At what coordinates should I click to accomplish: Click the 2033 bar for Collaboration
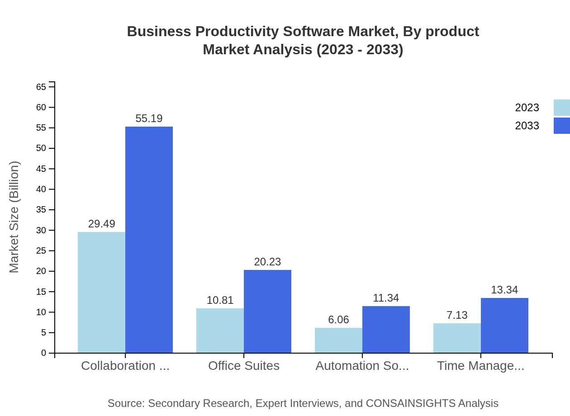click(x=149, y=240)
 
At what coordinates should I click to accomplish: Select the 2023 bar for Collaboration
click(x=101, y=292)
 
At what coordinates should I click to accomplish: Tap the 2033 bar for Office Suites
click(x=267, y=311)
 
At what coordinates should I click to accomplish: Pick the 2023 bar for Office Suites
click(x=220, y=331)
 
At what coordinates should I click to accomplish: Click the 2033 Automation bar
click(x=386, y=329)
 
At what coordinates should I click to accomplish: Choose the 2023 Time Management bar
click(x=457, y=338)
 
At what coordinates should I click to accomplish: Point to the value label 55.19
click(x=149, y=118)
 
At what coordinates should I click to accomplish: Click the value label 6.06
click(x=338, y=320)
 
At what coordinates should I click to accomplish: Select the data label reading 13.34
click(x=504, y=290)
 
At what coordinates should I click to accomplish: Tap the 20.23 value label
click(x=267, y=262)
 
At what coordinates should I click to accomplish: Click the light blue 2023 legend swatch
click(x=561, y=108)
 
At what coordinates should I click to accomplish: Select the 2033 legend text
click(x=527, y=126)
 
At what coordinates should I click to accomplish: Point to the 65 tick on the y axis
click(x=41, y=87)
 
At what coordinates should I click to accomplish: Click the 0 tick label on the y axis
click(x=44, y=353)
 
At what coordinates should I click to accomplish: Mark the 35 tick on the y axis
click(x=41, y=210)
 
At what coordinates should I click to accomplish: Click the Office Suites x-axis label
click(x=244, y=366)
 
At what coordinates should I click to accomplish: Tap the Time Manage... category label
click(x=480, y=366)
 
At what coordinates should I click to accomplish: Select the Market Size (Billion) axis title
click(x=14, y=217)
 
